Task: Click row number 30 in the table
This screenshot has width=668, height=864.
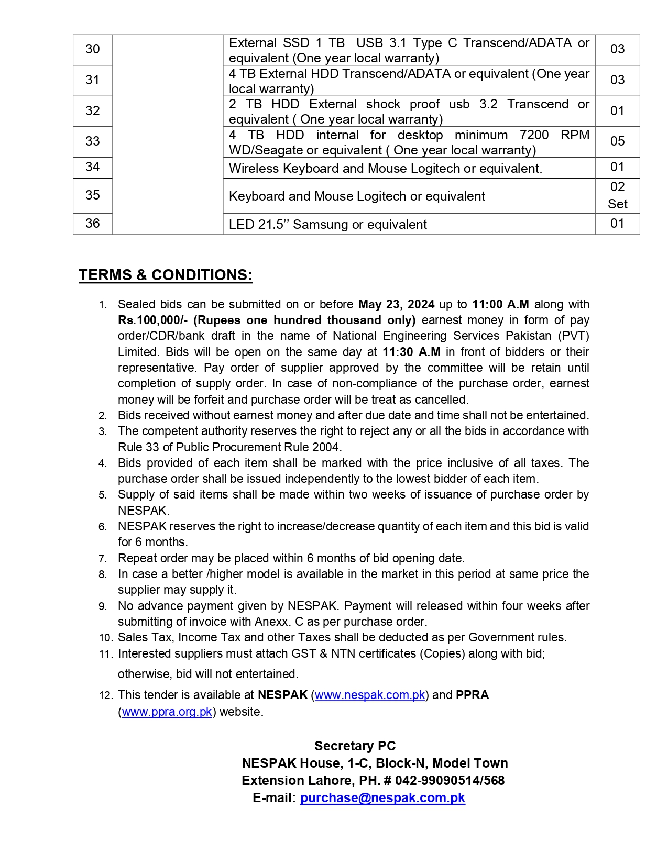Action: click(93, 49)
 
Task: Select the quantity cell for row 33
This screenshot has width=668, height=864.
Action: click(617, 141)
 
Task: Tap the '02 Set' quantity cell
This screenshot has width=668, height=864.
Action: click(617, 195)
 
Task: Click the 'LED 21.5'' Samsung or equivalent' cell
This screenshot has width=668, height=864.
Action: click(327, 225)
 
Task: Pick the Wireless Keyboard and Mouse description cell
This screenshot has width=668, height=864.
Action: click(385, 169)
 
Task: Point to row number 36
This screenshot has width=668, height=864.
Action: click(93, 224)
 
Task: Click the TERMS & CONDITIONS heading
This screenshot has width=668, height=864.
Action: click(166, 275)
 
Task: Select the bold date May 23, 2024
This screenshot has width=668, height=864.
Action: click(396, 304)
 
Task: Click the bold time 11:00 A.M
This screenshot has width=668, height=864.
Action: click(500, 304)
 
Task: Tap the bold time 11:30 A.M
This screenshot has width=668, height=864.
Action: click(411, 352)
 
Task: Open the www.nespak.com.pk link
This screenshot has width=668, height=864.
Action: click(370, 695)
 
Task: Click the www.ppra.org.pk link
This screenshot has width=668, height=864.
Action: click(167, 712)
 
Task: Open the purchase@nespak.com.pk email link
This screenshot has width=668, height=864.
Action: click(382, 797)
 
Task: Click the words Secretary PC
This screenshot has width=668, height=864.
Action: click(355, 746)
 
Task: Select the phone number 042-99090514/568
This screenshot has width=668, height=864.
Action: click(450, 780)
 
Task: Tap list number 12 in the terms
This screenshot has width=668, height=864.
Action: click(105, 695)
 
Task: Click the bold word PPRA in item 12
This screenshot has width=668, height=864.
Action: click(472, 695)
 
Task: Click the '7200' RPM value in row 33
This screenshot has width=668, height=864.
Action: click(534, 135)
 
